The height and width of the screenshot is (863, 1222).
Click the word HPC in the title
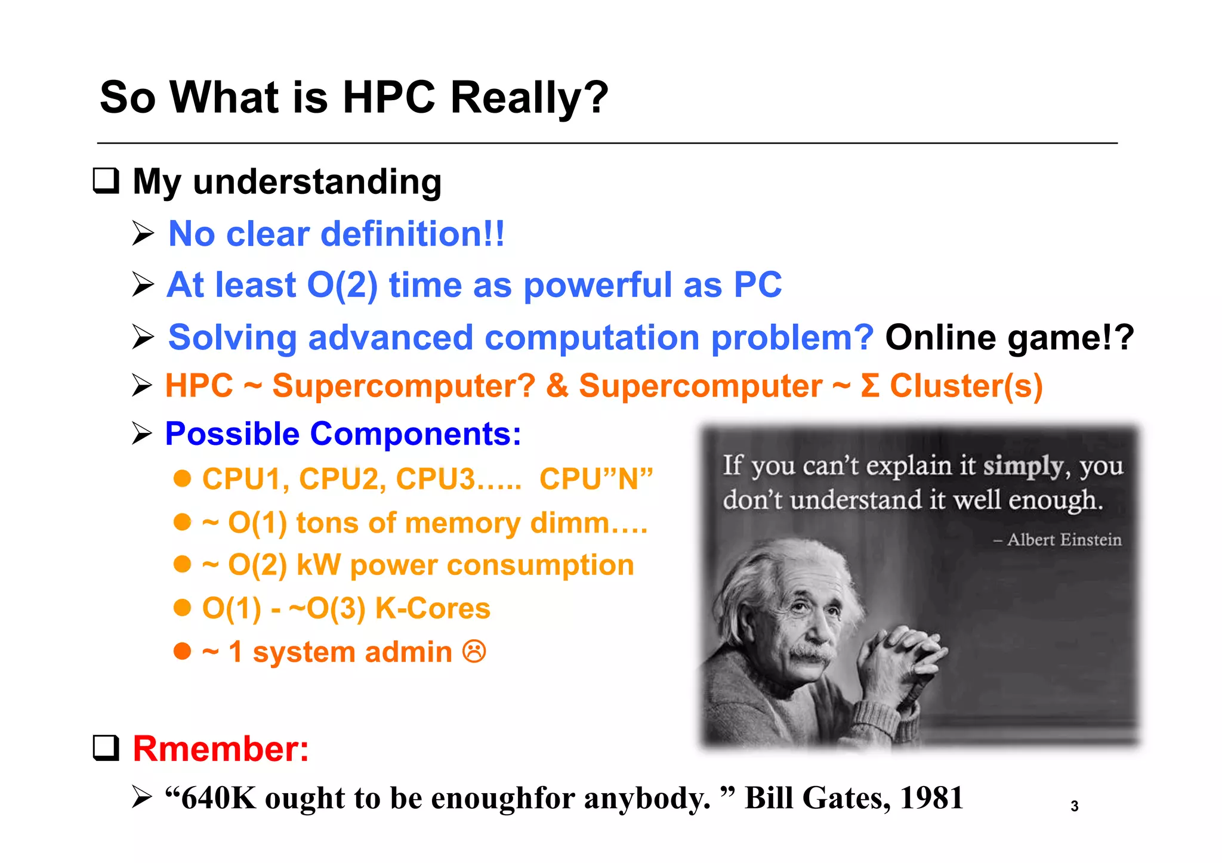tap(388, 97)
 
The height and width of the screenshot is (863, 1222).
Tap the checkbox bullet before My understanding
tap(106, 180)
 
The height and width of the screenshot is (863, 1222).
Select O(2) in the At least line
tap(342, 284)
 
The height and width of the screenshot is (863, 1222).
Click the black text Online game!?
tap(1009, 337)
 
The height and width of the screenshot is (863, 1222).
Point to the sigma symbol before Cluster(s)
tap(870, 385)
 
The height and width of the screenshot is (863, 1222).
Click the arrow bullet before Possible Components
tap(142, 433)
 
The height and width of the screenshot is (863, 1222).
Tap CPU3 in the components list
tap(434, 478)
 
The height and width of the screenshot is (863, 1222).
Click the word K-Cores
tap(433, 608)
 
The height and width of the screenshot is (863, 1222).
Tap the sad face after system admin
tap(474, 651)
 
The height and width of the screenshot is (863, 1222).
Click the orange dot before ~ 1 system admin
tap(182, 651)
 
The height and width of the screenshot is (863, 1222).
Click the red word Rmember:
tap(221, 748)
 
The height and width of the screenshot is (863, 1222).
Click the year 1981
tap(931, 797)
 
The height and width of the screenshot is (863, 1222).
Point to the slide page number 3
tap(1074, 806)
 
